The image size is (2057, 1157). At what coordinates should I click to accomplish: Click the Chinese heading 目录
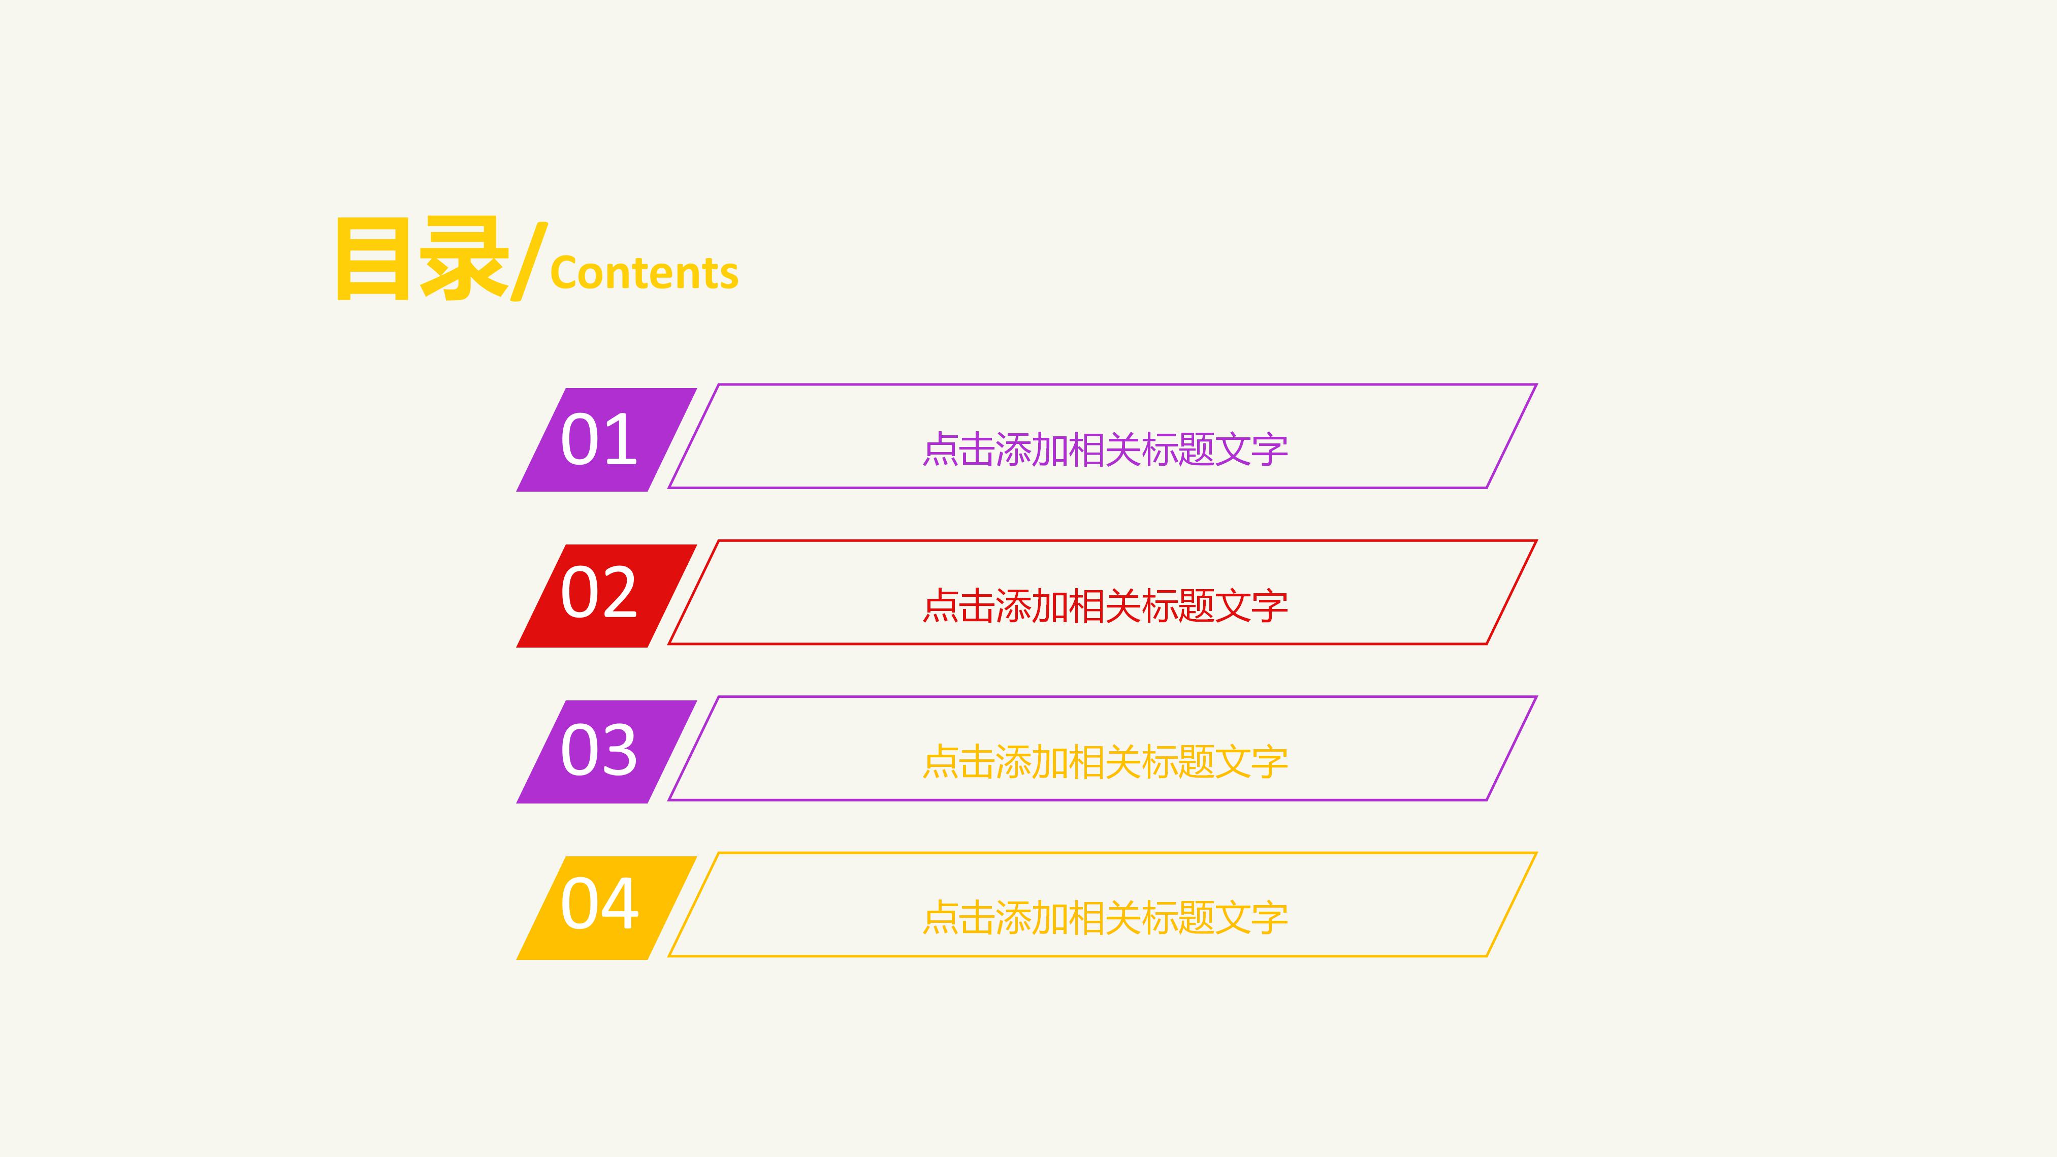pyautogui.click(x=422, y=260)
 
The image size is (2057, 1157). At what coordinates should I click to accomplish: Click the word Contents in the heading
pyautogui.click(x=645, y=273)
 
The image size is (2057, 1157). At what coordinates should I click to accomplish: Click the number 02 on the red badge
pyautogui.click(x=599, y=593)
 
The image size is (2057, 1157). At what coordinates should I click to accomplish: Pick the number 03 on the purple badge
pyautogui.click(x=599, y=751)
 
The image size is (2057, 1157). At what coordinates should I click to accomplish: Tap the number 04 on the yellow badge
pyautogui.click(x=599, y=905)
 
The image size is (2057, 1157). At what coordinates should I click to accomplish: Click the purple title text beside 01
pyautogui.click(x=1105, y=449)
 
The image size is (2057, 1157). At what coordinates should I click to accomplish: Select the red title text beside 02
pyautogui.click(x=1105, y=606)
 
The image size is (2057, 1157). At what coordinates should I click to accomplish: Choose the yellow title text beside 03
pyautogui.click(x=1105, y=762)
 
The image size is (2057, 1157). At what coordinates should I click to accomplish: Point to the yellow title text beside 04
pyautogui.click(x=1105, y=918)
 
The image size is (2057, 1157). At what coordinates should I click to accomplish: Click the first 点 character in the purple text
pyautogui.click(x=941, y=449)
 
